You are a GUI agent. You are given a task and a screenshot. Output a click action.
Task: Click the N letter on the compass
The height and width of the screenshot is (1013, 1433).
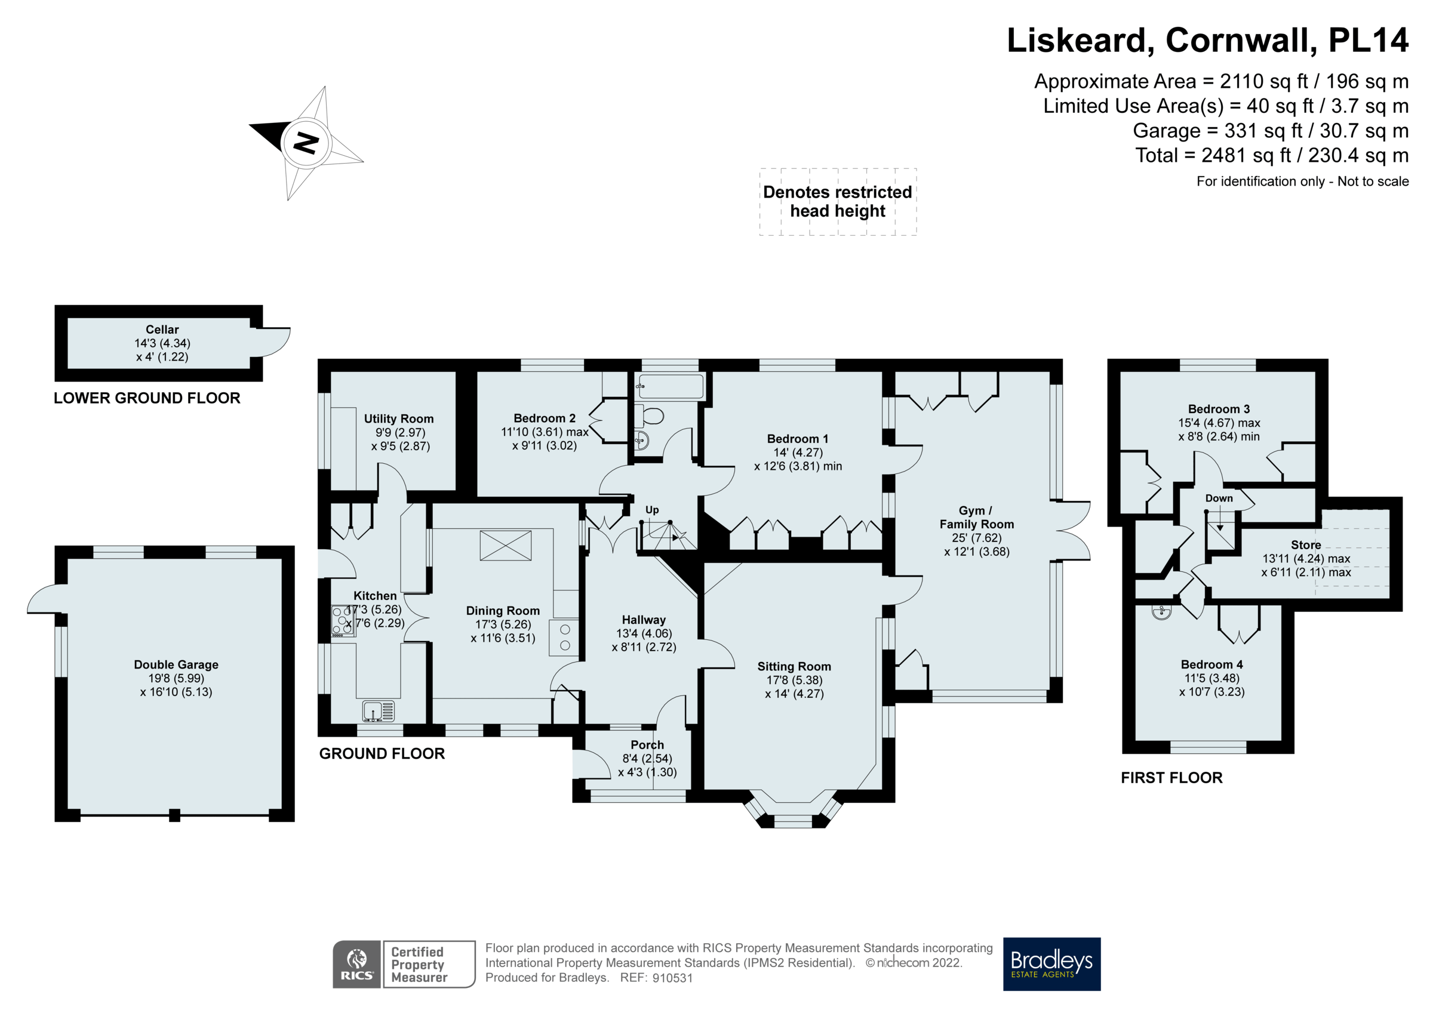click(306, 143)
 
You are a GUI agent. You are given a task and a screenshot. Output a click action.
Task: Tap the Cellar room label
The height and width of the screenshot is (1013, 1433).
click(162, 330)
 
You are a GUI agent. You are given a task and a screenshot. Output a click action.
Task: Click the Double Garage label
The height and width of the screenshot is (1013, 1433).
click(176, 664)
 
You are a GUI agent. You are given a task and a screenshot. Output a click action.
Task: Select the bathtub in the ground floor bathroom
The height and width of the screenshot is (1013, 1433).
click(671, 386)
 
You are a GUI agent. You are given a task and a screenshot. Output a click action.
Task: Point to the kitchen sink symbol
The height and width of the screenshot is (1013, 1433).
click(378, 711)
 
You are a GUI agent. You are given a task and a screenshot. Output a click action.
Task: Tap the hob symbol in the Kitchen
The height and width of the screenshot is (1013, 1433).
click(343, 621)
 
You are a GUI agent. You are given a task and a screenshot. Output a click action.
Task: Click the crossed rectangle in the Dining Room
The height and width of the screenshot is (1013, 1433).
click(506, 546)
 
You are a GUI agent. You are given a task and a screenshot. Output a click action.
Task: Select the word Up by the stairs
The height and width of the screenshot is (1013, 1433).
click(651, 510)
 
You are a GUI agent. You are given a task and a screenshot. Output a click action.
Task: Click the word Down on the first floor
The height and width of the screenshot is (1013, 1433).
click(1219, 498)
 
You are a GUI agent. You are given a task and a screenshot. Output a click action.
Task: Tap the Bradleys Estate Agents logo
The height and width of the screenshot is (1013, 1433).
click(1051, 963)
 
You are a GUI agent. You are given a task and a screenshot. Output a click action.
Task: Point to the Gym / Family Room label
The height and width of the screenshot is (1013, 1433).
click(977, 518)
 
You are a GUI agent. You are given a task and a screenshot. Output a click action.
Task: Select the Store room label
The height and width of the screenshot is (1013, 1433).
click(1306, 545)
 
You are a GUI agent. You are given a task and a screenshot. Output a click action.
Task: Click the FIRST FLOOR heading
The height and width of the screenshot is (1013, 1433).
click(1171, 778)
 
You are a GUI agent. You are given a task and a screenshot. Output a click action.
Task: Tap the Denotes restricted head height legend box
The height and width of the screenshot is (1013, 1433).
click(838, 202)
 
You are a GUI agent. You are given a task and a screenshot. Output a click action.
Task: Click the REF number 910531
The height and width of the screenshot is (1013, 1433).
click(672, 978)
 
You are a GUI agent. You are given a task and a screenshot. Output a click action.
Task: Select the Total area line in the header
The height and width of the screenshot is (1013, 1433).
click(1271, 155)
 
